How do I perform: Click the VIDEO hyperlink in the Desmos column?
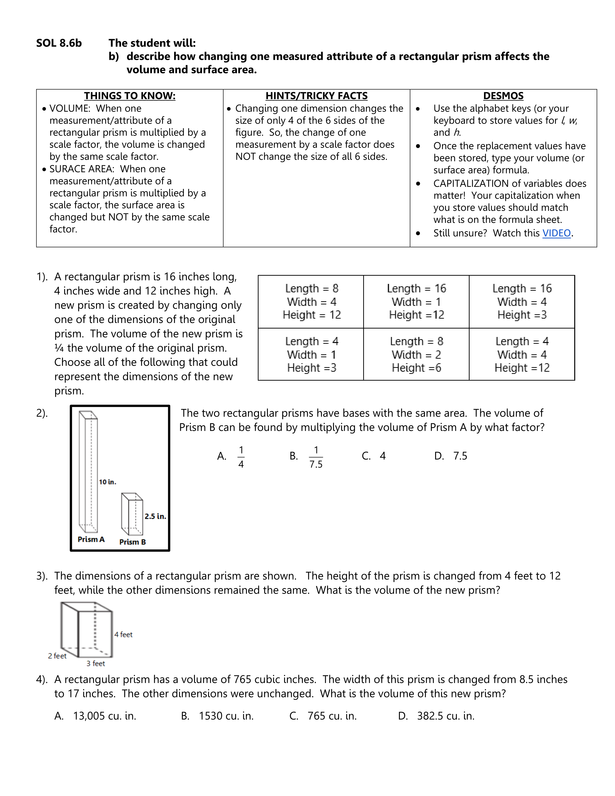pyautogui.click(x=556, y=233)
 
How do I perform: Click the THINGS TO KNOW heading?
pyautogui.click(x=130, y=96)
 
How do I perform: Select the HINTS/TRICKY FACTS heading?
pyautogui.click(x=316, y=96)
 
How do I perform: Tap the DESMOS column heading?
pyautogui.click(x=503, y=96)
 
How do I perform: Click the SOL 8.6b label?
pyautogui.click(x=59, y=43)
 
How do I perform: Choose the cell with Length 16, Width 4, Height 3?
pyautogui.click(x=522, y=302)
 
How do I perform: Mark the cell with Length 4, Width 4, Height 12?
pyautogui.click(x=522, y=355)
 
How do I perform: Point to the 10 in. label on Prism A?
pyautogui.click(x=108, y=482)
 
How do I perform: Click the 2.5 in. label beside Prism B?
pyautogui.click(x=155, y=516)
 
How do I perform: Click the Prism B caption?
pyautogui.click(x=133, y=542)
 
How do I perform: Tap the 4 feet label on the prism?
pyautogui.click(x=123, y=635)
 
